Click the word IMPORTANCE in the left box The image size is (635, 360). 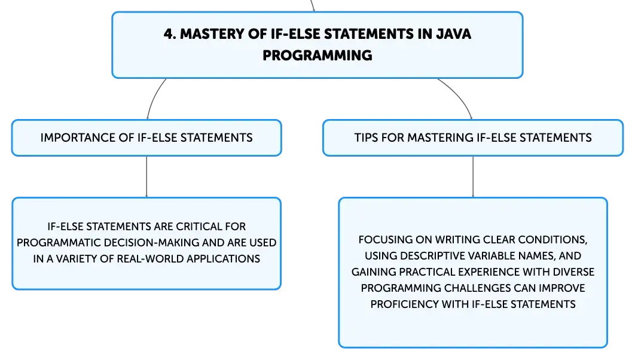(x=78, y=138)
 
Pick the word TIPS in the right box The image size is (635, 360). (x=367, y=138)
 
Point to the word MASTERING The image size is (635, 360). (x=440, y=138)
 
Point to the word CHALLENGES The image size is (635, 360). (x=478, y=288)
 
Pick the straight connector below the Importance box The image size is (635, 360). (x=146, y=176)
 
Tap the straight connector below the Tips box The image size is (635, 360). (x=473, y=176)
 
